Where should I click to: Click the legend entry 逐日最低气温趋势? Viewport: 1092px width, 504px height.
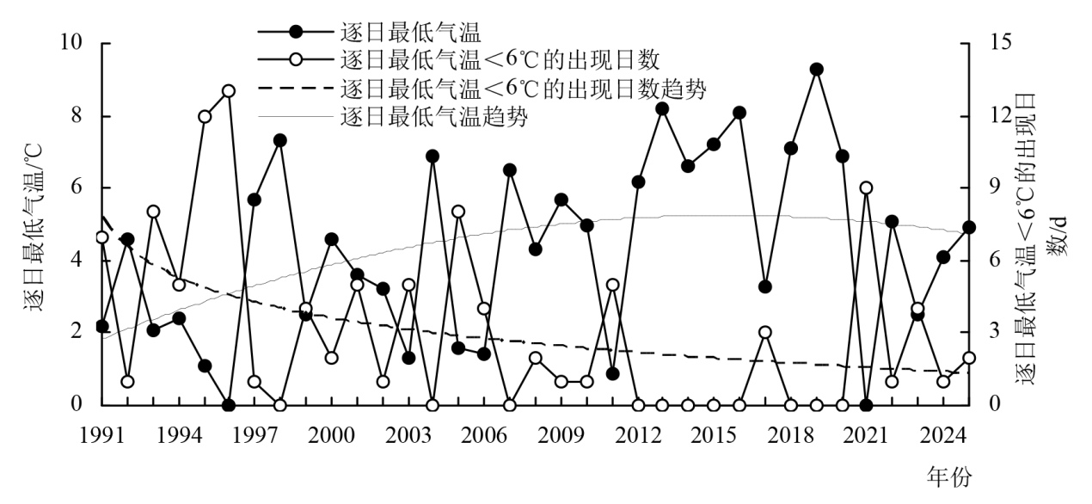click(x=434, y=117)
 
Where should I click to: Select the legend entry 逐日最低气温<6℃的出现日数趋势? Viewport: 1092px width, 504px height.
click(x=524, y=89)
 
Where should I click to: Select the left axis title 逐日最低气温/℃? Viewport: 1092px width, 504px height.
click(x=37, y=224)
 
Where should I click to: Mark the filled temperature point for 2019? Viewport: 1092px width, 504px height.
click(x=816, y=70)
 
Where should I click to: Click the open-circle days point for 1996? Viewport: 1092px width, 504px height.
click(x=229, y=91)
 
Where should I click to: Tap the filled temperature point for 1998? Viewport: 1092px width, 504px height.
click(x=279, y=140)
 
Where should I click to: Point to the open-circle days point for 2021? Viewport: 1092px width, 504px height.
click(x=866, y=188)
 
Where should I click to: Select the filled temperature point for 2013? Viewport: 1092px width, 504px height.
click(x=662, y=108)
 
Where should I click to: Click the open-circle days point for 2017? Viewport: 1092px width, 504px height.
click(x=764, y=333)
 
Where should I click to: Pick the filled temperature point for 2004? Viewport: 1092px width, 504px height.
click(x=433, y=157)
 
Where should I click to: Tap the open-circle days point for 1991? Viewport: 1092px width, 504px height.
click(x=102, y=237)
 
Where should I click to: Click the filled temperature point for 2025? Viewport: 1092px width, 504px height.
click(x=968, y=227)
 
